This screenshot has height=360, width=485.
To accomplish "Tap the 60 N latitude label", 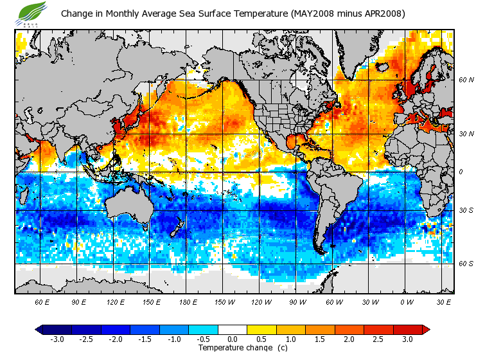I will (466, 80).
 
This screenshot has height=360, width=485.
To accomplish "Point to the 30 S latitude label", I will (466, 210).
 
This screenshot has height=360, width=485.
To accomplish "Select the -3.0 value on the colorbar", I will (57, 339).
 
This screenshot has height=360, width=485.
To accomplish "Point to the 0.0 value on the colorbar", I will (233, 339).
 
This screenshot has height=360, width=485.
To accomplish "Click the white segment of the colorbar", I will (233, 329).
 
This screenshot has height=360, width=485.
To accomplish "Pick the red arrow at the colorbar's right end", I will (425, 329).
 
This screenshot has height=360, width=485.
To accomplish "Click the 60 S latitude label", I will (466, 264).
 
